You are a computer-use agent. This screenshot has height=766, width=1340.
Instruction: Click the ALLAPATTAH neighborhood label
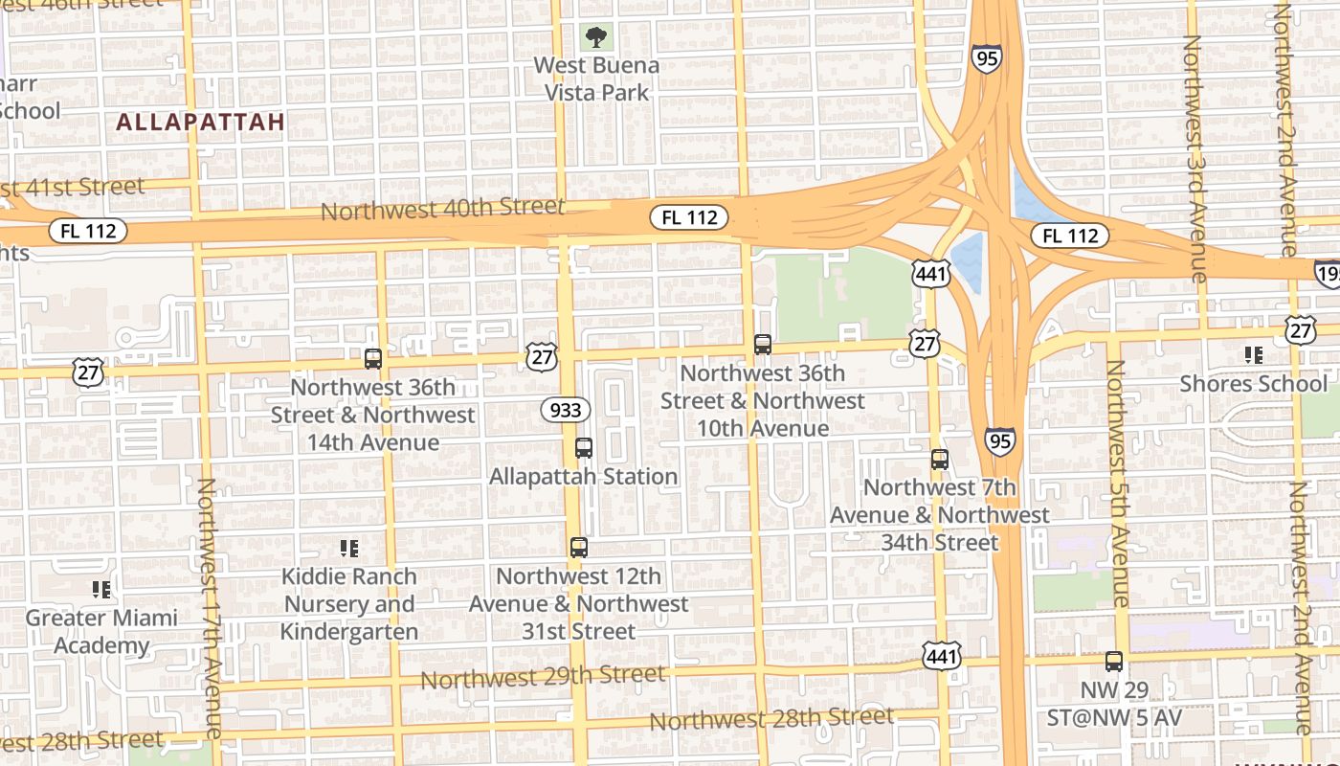201,123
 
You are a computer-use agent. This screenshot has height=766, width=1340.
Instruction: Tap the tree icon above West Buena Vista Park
596,38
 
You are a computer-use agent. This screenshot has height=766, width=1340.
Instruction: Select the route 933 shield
565,411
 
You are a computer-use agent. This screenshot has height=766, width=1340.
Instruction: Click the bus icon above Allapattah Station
583,447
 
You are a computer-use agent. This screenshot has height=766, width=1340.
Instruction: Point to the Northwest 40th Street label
442,208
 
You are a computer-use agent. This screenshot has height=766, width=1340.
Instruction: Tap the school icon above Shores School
1254,355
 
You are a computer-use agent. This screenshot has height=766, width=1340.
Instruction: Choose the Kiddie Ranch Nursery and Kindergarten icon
349,549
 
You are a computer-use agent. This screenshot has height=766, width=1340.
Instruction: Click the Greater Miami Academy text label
101,631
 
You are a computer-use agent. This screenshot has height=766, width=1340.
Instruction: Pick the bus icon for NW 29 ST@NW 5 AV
1113,661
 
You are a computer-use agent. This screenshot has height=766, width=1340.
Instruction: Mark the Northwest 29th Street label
543,676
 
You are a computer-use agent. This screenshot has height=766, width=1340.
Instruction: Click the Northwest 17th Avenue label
212,608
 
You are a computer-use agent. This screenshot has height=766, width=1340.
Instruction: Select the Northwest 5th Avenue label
1117,484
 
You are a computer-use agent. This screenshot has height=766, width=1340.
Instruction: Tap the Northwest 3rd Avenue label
1195,158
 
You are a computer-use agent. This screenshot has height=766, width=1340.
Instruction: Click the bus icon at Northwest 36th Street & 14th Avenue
373,359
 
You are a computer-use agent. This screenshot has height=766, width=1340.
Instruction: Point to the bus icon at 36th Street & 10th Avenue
763,345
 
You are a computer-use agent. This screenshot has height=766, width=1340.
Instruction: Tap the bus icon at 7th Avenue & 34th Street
940,459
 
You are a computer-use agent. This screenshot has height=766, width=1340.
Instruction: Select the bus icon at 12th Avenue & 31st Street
578,547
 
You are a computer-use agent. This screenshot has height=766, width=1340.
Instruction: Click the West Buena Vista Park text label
596,79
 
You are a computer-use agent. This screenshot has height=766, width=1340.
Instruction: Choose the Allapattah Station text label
583,476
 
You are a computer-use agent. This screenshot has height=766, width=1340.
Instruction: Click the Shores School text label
1254,383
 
